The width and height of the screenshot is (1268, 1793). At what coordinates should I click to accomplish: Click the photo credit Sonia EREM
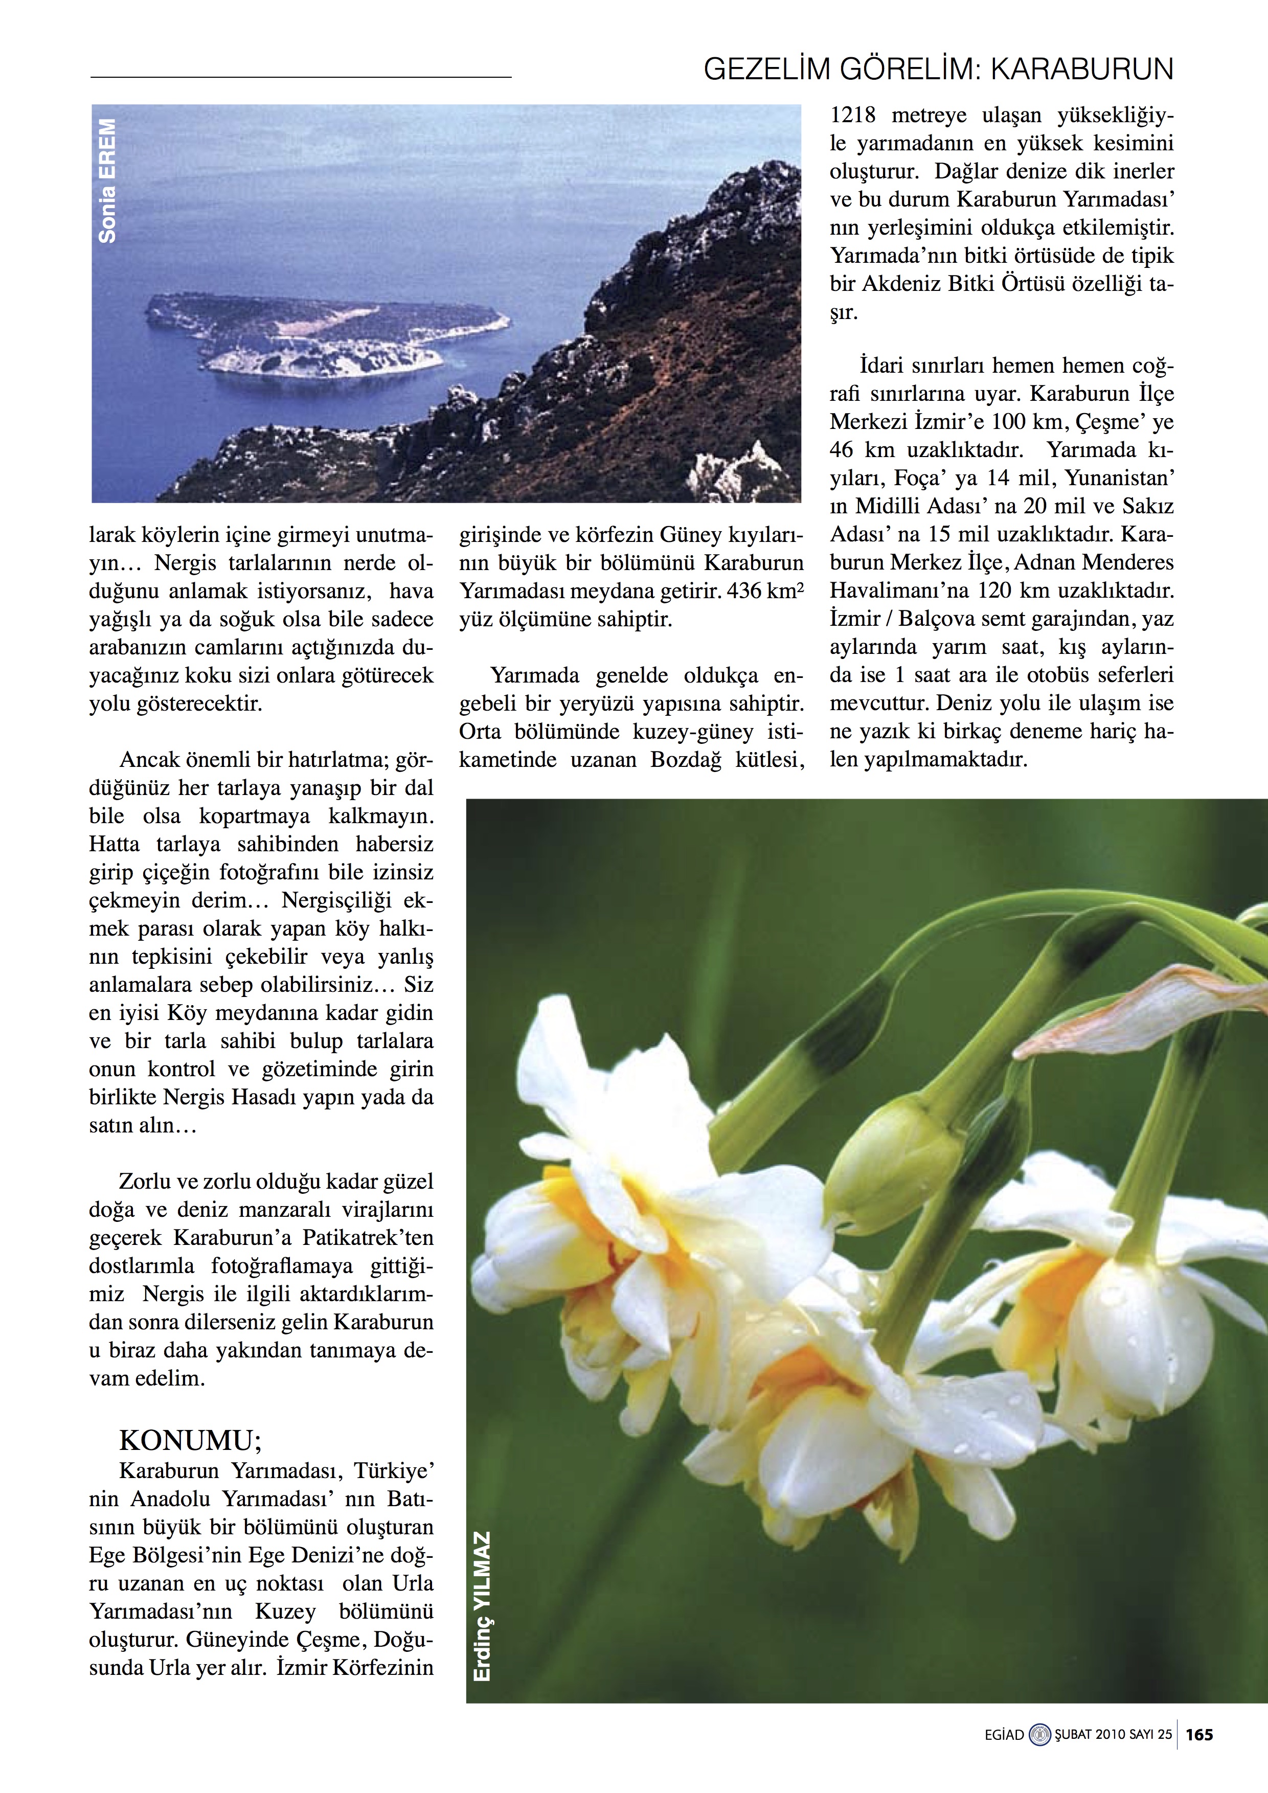coord(107,180)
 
